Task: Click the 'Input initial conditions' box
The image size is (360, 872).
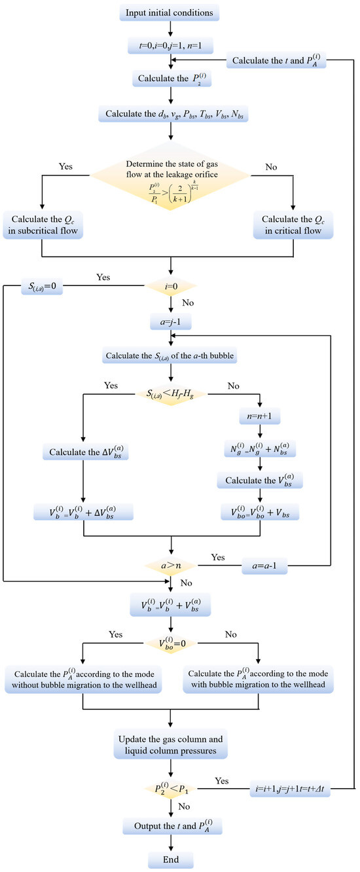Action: click(x=171, y=12)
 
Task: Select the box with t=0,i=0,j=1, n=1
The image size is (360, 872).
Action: click(x=171, y=45)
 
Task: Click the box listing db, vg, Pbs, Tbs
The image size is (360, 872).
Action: click(x=171, y=115)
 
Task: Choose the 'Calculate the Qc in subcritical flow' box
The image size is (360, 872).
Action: click(x=41, y=225)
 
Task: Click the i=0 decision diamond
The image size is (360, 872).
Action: click(x=171, y=287)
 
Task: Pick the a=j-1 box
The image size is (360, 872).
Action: click(x=171, y=321)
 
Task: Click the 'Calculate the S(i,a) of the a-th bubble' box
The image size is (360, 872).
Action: click(x=171, y=356)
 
